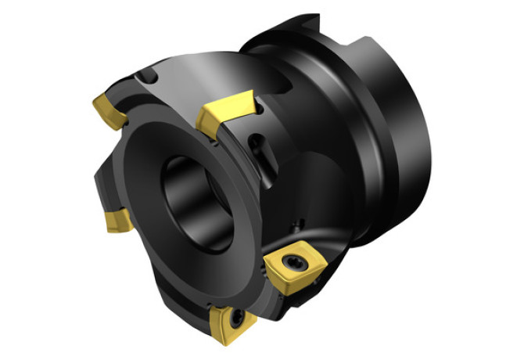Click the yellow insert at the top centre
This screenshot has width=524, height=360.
pos(226,115)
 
